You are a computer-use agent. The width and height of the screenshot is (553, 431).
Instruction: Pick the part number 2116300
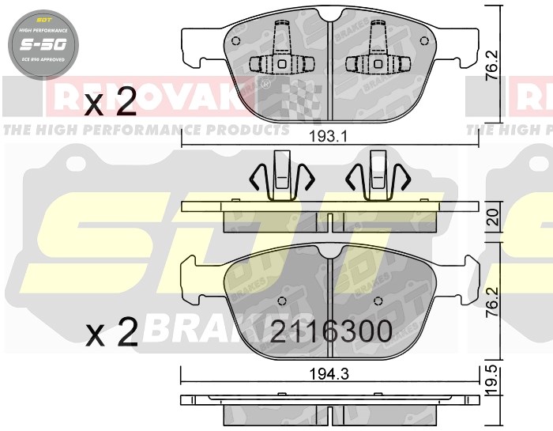coord(331,331)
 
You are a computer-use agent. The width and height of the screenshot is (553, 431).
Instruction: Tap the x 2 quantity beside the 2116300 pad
coord(111,333)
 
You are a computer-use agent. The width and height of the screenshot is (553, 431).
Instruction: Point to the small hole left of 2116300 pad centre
coord(281,301)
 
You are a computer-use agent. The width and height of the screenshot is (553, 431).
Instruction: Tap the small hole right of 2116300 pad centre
coord(379,301)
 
